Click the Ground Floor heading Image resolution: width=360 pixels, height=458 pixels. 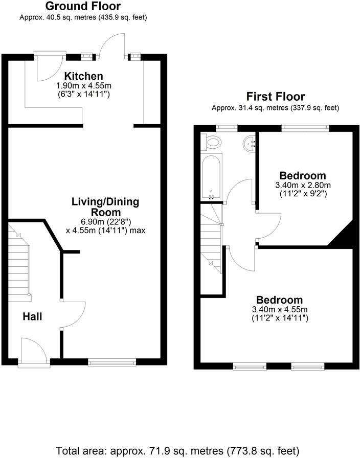[x=83, y=7]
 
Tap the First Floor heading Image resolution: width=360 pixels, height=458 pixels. [x=275, y=97]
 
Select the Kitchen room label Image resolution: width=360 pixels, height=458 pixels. [x=83, y=76]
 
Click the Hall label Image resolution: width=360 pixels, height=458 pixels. [x=32, y=317]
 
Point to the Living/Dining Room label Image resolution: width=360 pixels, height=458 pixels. [x=106, y=207]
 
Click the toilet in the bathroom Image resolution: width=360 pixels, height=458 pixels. [x=212, y=142]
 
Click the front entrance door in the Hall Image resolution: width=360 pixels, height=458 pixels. [x=32, y=351]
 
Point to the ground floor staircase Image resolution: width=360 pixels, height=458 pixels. [x=19, y=266]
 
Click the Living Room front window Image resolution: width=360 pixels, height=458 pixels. [x=112, y=362]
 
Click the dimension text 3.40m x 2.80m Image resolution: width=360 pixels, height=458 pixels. [x=303, y=185]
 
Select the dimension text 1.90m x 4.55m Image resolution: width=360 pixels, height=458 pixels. [x=83, y=86]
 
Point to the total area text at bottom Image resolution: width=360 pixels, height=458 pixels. [x=177, y=451]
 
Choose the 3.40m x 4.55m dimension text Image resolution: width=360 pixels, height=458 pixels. [x=279, y=310]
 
